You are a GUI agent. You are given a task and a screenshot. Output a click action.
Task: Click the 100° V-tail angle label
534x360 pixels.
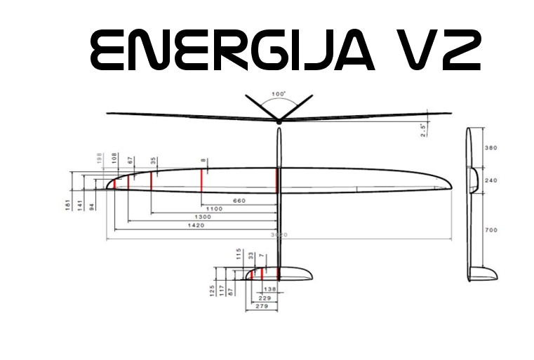tap(279, 94)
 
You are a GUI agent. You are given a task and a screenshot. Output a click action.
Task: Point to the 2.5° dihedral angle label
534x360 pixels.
tap(423, 130)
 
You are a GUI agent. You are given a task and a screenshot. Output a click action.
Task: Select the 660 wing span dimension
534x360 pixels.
tap(239, 201)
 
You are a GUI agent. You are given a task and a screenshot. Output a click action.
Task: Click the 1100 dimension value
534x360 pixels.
tap(214, 209)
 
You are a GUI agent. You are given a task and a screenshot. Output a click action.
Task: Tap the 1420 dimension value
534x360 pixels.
tap(196, 226)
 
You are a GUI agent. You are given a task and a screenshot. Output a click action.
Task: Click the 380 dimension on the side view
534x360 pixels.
tap(491, 148)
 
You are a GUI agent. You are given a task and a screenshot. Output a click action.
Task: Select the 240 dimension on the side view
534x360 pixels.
tap(491, 180)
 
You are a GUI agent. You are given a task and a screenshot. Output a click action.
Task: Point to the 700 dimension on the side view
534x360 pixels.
tap(491, 229)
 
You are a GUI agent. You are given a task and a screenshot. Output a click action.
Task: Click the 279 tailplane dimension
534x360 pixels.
tap(261, 306)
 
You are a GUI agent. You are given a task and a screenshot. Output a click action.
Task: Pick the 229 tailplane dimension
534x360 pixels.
tap(264, 298)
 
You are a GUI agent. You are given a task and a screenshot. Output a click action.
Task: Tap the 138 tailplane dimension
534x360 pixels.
tap(270, 289)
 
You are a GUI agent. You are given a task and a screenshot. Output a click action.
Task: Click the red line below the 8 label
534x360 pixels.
tap(202, 180)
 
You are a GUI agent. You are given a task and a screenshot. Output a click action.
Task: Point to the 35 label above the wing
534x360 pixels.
tap(153, 161)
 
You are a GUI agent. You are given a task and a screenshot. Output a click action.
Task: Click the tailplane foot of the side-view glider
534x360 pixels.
tap(484, 274)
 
